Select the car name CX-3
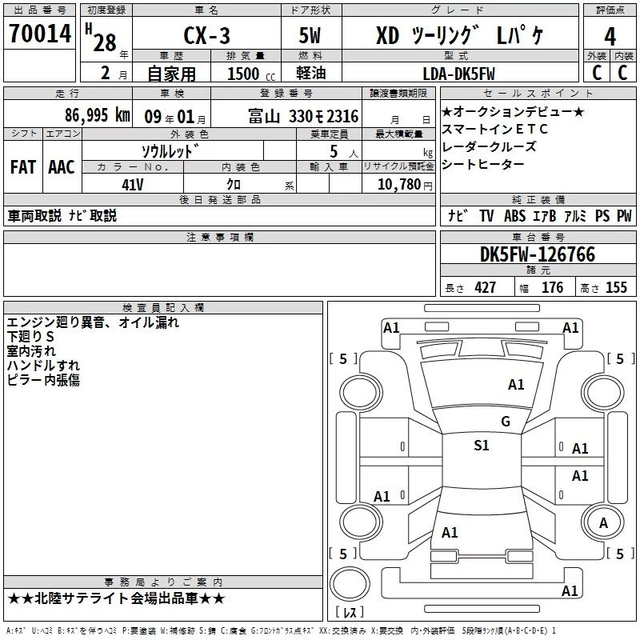coord(204,38)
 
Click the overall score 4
coord(610,37)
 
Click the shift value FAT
coord(23,166)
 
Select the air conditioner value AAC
coord(61,166)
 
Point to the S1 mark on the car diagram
coord(482,446)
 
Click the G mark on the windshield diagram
coord(505,422)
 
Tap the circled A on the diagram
coord(603,523)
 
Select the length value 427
coord(484,288)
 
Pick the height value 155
coord(616,288)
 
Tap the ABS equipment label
coord(514,216)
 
